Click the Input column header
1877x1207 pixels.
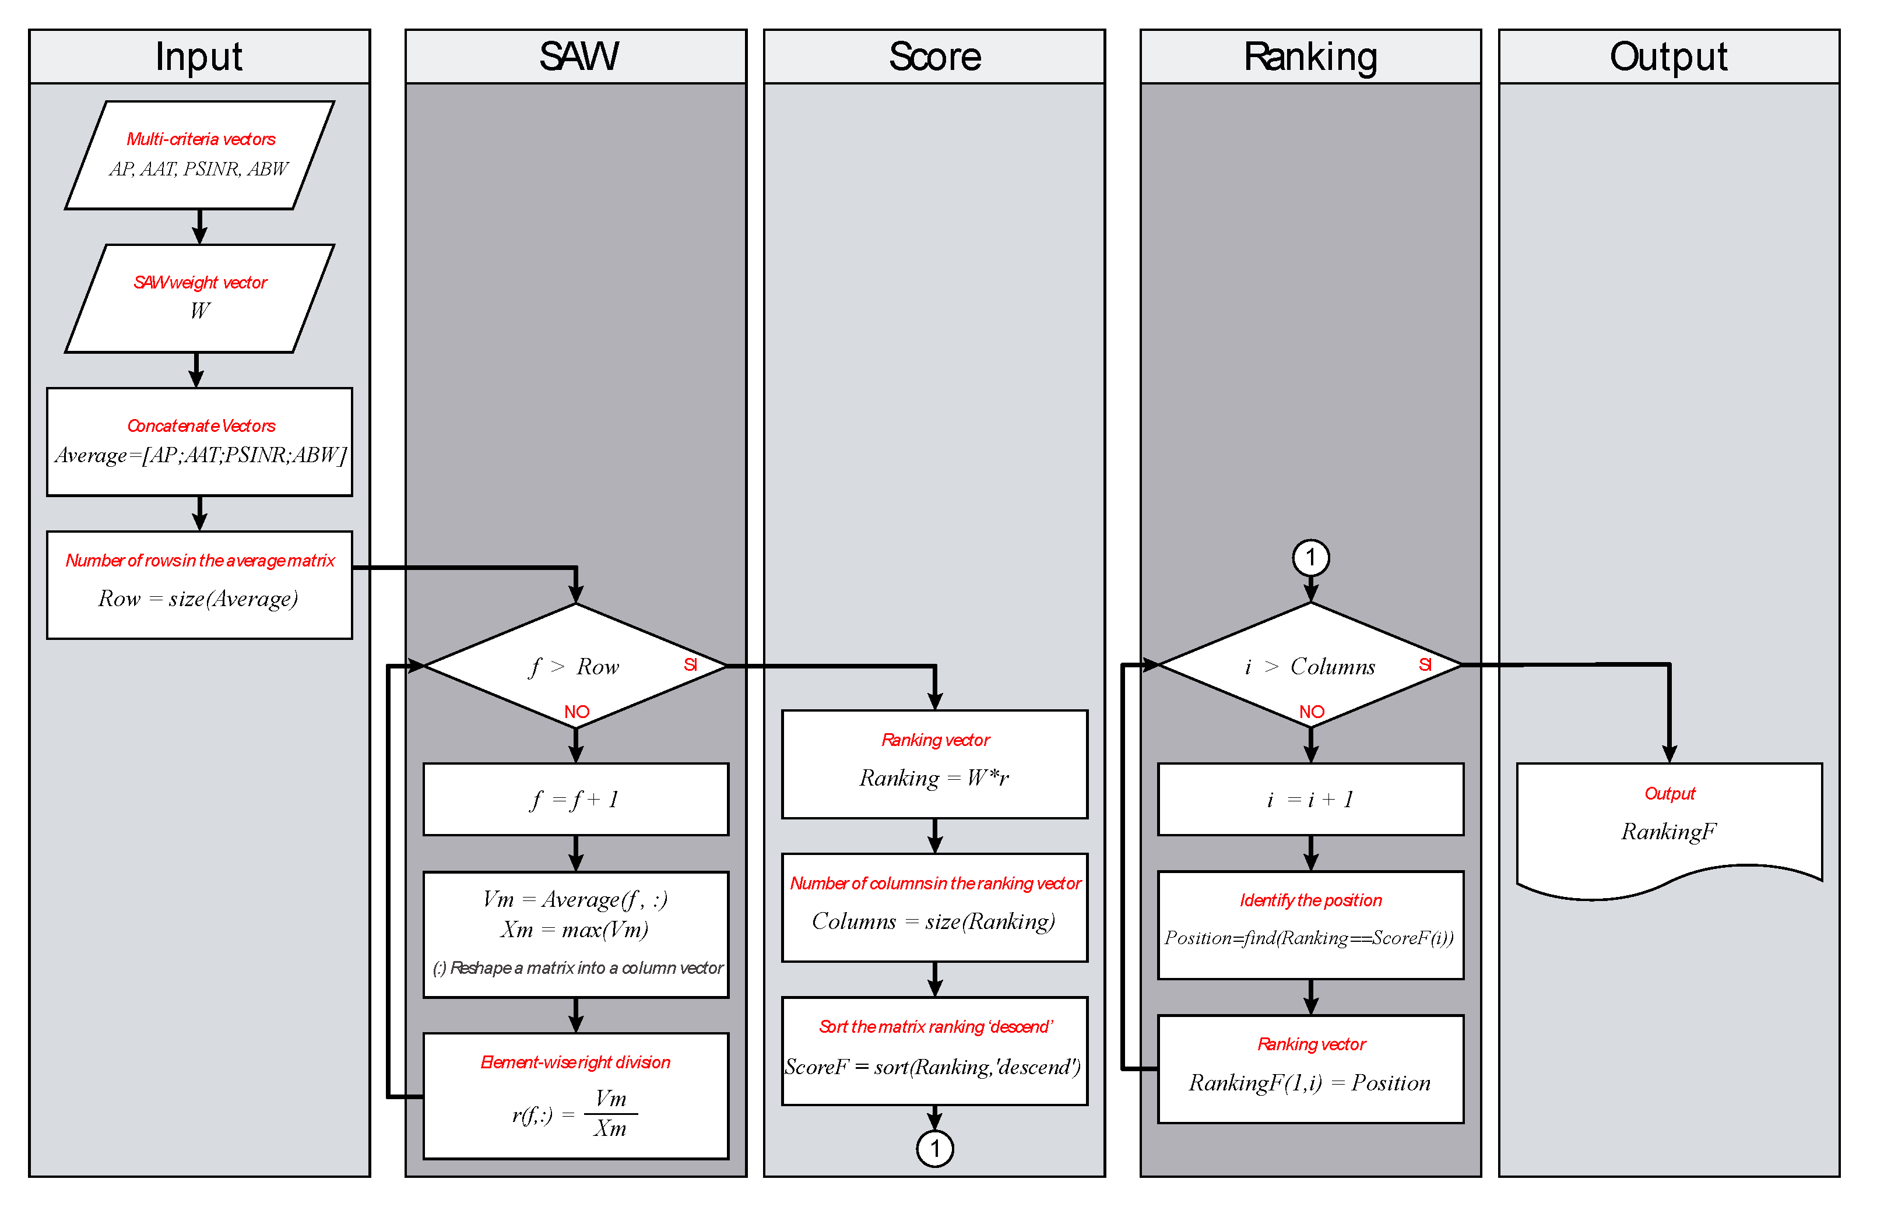[199, 57]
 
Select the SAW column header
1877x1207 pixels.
[578, 57]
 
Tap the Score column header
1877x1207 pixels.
[934, 57]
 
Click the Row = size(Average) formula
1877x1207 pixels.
[198, 599]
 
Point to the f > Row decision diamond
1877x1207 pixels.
[575, 666]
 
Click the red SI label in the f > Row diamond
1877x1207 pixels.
[690, 664]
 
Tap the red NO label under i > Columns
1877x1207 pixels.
[1311, 712]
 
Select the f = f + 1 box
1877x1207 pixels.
[575, 800]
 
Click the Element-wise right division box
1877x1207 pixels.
[575, 1095]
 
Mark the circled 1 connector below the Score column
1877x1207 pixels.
[934, 1149]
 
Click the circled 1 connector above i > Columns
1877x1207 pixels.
[1310, 558]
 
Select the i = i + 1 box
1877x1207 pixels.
[1310, 800]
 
